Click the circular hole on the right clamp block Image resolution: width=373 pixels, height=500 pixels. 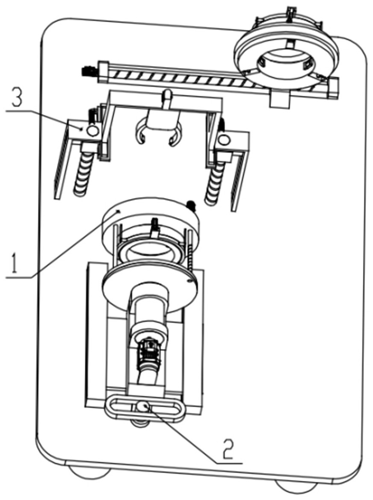224,139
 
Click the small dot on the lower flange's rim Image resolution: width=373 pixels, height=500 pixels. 190,281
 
